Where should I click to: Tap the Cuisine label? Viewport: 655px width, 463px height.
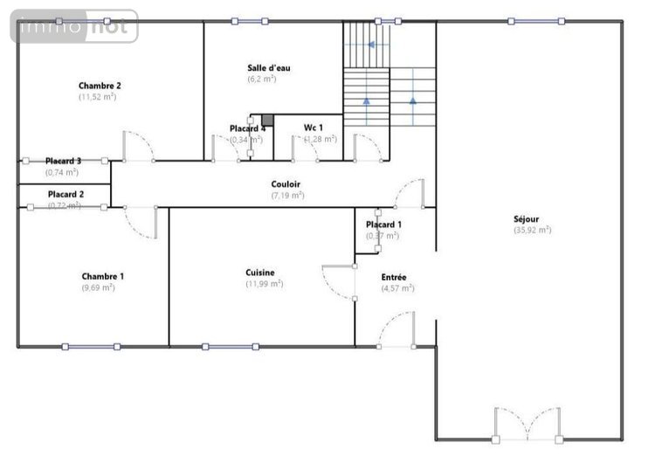click(x=260, y=273)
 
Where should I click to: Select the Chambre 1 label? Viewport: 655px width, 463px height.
click(x=102, y=276)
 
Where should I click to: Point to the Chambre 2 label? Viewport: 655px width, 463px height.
click(x=99, y=86)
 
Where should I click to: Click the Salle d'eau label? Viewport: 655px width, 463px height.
click(x=267, y=67)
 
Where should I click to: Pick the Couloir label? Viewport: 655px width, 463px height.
click(x=286, y=184)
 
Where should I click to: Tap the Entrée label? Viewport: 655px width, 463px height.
click(x=393, y=277)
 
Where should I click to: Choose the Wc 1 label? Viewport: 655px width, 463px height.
click(x=313, y=128)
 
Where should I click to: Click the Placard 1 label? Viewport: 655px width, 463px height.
click(x=383, y=225)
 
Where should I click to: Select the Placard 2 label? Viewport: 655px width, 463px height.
click(x=65, y=194)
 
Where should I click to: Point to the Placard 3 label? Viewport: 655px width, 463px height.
click(x=64, y=161)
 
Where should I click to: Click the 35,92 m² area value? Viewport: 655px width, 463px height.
click(x=532, y=230)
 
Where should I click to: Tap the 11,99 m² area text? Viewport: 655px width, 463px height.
click(x=265, y=284)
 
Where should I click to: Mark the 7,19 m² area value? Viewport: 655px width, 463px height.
click(x=286, y=196)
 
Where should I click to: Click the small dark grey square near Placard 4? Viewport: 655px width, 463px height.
click(x=268, y=120)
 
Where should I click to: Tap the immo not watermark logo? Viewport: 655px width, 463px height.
click(x=74, y=27)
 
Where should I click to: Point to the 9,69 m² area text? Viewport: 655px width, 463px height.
click(x=98, y=287)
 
